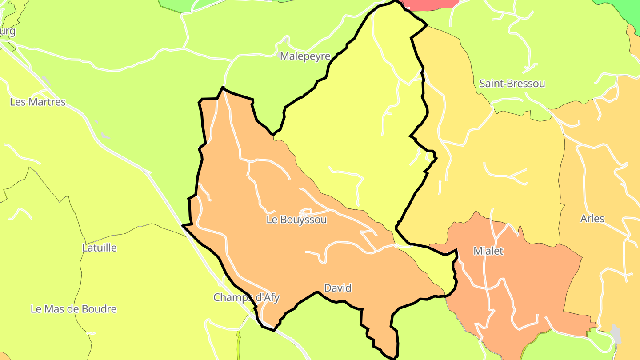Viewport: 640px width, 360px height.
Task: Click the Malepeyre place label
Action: coord(305,56)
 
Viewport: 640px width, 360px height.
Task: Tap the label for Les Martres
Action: coord(38,102)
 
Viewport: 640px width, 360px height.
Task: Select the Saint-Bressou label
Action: coord(512,84)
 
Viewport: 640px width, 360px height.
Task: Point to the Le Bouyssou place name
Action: coord(297,220)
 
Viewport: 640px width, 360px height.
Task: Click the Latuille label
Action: coord(100,248)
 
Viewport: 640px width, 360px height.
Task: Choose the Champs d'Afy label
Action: coord(247,297)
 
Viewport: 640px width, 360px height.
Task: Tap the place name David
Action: coord(338,288)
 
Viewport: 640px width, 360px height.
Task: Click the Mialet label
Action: coord(488,251)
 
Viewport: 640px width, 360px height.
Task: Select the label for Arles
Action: coord(592,219)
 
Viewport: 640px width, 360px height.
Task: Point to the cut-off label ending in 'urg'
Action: coord(8,31)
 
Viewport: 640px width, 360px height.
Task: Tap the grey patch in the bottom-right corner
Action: coord(616,333)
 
